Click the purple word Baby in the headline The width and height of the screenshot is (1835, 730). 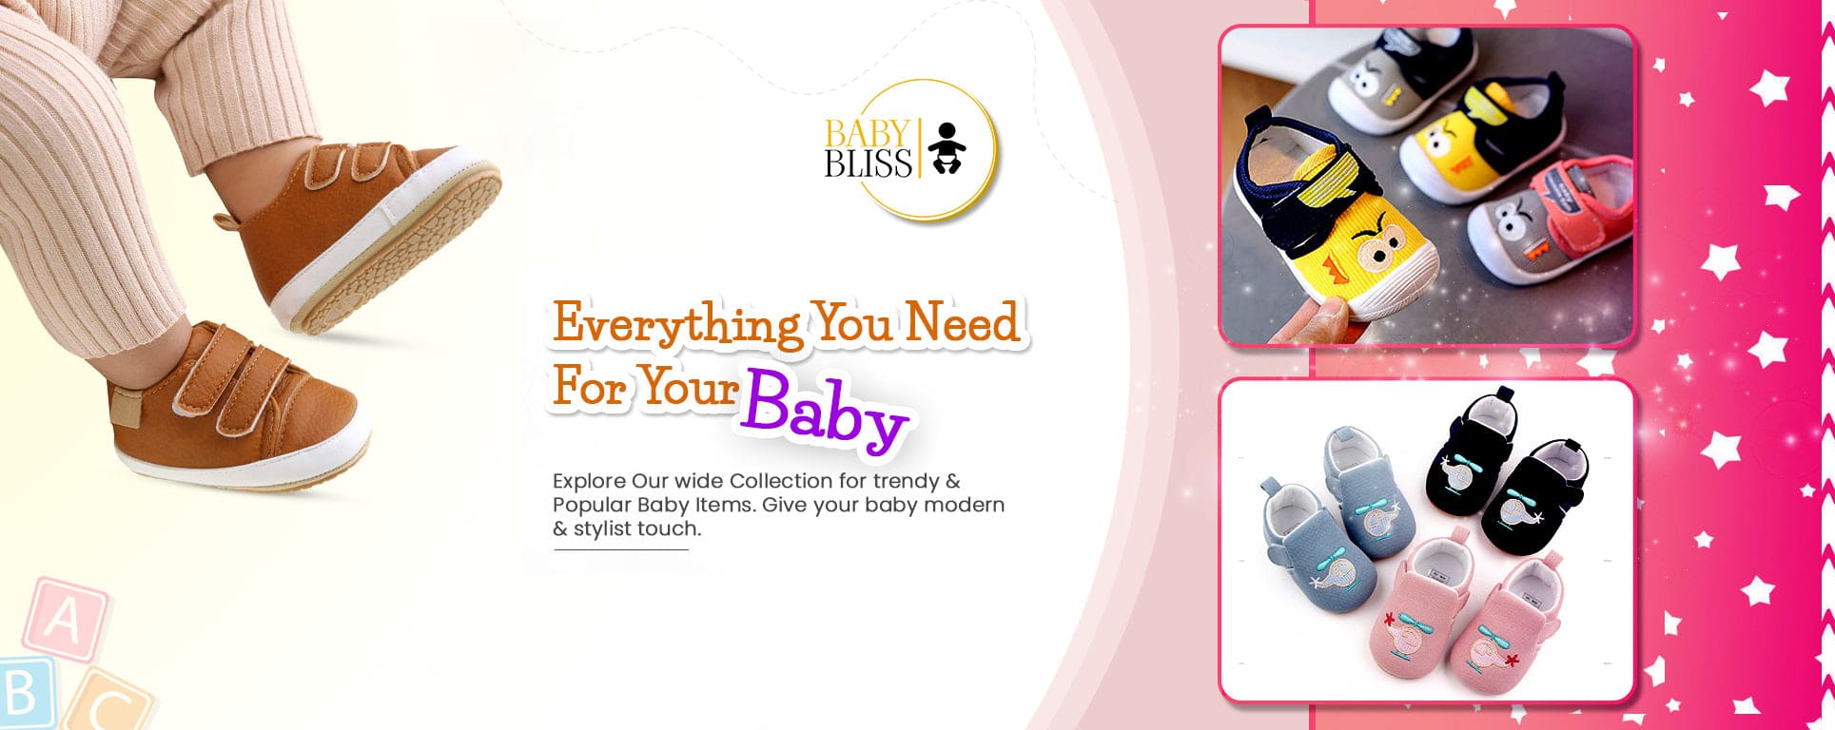[826, 412]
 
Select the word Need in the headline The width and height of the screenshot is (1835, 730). [962, 321]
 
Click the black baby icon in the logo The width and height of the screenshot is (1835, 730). [945, 148]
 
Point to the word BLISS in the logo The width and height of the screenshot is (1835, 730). [868, 164]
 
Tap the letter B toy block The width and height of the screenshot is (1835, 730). [21, 694]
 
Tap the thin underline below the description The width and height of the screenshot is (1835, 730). [621, 549]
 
